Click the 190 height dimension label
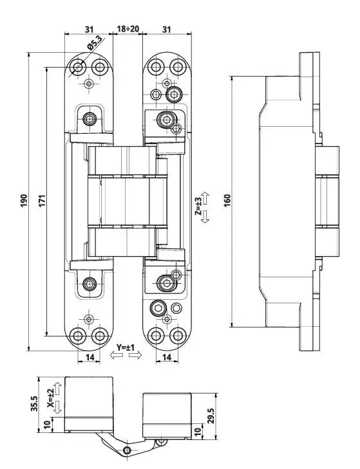[24, 200]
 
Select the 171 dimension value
[43, 200]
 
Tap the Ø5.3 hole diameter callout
[94, 42]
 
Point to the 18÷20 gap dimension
[128, 29]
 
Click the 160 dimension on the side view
[227, 200]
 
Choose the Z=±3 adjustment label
[198, 207]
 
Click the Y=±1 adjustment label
[126, 347]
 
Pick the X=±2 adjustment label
[51, 398]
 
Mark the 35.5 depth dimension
[34, 403]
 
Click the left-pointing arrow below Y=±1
[117, 355]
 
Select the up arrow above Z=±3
[205, 198]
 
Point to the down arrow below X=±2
[58, 407]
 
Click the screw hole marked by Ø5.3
[77, 67]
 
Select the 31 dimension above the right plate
[167, 30]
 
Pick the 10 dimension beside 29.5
[197, 431]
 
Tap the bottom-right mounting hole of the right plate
[178, 336]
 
